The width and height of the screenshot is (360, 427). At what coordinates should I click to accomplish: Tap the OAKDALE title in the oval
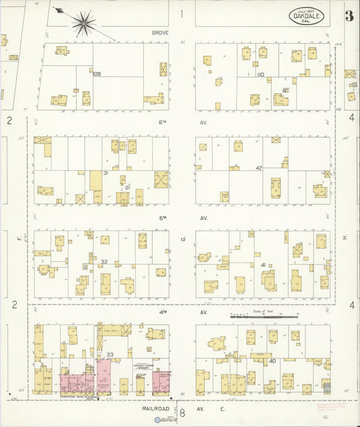click(307, 16)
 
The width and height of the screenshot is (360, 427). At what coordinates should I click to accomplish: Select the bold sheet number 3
click(349, 16)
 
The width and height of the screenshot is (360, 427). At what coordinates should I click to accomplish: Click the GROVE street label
click(160, 32)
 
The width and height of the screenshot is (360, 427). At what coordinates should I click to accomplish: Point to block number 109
click(97, 74)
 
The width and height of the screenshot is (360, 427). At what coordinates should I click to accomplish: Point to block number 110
click(260, 74)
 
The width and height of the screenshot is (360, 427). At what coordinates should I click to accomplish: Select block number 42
click(258, 168)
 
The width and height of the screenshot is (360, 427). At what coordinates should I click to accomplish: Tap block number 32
click(104, 261)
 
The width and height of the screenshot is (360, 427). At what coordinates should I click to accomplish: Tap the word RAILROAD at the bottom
click(155, 408)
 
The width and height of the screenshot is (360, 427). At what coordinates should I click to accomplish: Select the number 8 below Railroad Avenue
click(182, 412)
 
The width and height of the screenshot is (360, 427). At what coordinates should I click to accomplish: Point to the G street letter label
click(182, 238)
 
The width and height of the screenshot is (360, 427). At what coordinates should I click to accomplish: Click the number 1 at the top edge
click(181, 13)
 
